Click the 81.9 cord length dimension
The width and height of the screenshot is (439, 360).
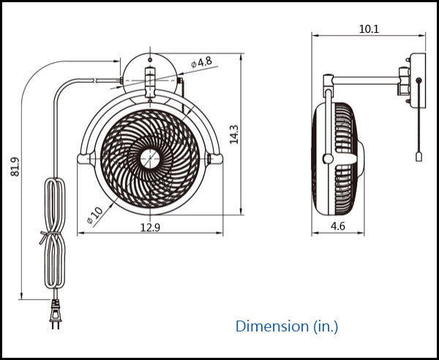click(15, 167)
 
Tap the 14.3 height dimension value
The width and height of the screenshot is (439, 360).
click(234, 135)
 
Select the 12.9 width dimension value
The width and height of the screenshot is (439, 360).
click(150, 228)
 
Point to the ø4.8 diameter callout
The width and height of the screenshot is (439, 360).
click(202, 62)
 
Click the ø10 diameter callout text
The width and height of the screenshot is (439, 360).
click(94, 215)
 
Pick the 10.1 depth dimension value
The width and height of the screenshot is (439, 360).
click(369, 29)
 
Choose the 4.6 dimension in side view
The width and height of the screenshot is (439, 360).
click(338, 226)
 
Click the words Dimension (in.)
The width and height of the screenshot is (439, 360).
click(287, 326)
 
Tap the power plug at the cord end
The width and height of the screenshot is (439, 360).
click(56, 314)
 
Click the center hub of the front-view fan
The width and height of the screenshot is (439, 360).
click(150, 159)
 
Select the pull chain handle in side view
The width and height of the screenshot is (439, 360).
click(419, 157)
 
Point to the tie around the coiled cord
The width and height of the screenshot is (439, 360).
click(50, 236)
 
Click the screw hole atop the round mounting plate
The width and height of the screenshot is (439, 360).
click(150, 60)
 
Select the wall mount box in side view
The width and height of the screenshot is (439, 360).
click(418, 80)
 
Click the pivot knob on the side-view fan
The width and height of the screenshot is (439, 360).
click(328, 159)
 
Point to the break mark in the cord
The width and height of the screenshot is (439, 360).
click(95, 80)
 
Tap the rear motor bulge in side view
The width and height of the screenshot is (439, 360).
click(361, 159)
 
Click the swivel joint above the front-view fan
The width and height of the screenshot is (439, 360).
click(150, 83)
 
